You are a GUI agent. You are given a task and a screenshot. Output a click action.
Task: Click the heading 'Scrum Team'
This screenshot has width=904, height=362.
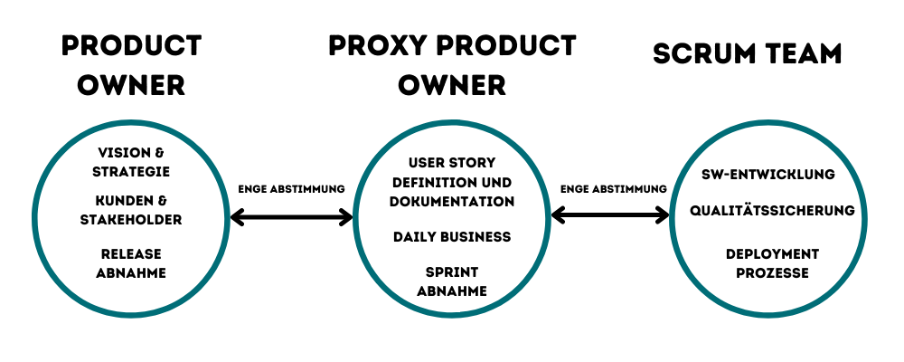coord(747,53)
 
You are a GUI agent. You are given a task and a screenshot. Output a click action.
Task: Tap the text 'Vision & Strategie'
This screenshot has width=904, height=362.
coord(132,162)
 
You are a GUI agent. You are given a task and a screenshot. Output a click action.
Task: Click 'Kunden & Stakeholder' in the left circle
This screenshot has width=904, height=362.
coord(132,209)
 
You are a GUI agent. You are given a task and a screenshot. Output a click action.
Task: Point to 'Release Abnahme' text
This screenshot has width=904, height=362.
coord(132,263)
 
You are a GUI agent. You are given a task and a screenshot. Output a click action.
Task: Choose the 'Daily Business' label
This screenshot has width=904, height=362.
coord(452,237)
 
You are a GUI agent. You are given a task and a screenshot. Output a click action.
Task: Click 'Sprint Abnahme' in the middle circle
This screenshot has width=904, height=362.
coord(452,281)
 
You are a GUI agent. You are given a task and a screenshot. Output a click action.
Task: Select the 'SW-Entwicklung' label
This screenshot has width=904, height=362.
coord(768,174)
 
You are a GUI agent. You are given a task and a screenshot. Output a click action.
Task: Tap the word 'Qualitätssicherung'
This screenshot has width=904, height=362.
coord(772,211)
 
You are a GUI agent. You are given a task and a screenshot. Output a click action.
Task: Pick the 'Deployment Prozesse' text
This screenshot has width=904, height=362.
coord(772,263)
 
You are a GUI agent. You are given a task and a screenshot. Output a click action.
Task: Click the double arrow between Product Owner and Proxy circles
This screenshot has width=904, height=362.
coord(292,217)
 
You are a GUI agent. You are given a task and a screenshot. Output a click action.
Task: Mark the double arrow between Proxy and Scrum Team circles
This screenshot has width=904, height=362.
coord(610,215)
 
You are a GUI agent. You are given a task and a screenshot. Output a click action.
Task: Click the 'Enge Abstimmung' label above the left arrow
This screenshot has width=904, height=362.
coord(291,189)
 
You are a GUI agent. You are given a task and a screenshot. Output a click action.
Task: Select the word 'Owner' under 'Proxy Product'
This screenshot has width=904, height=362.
coord(452,85)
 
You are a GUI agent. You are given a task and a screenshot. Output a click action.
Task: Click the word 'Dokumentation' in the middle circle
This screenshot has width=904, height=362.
coord(452,202)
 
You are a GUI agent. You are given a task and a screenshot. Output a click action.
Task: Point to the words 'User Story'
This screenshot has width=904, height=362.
coord(452,164)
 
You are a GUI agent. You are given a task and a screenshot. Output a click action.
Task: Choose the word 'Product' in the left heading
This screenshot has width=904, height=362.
coord(132,45)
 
